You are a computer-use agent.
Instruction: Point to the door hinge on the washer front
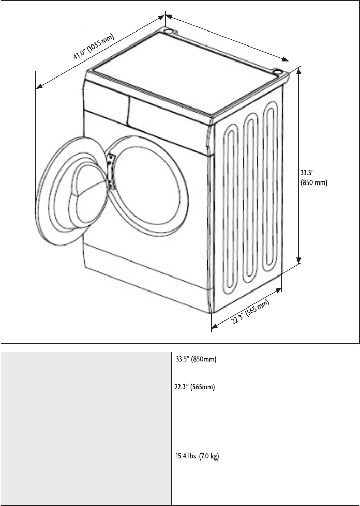[111, 171]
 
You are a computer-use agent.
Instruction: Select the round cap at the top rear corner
[169, 32]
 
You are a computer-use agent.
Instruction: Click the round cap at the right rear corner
[277, 72]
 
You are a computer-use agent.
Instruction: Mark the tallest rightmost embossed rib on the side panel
[270, 187]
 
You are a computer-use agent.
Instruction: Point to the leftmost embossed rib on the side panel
[231, 209]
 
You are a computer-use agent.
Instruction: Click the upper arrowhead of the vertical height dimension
[298, 71]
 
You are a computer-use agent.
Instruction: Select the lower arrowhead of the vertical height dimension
[298, 260]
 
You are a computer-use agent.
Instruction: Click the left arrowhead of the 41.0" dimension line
[39, 86]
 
